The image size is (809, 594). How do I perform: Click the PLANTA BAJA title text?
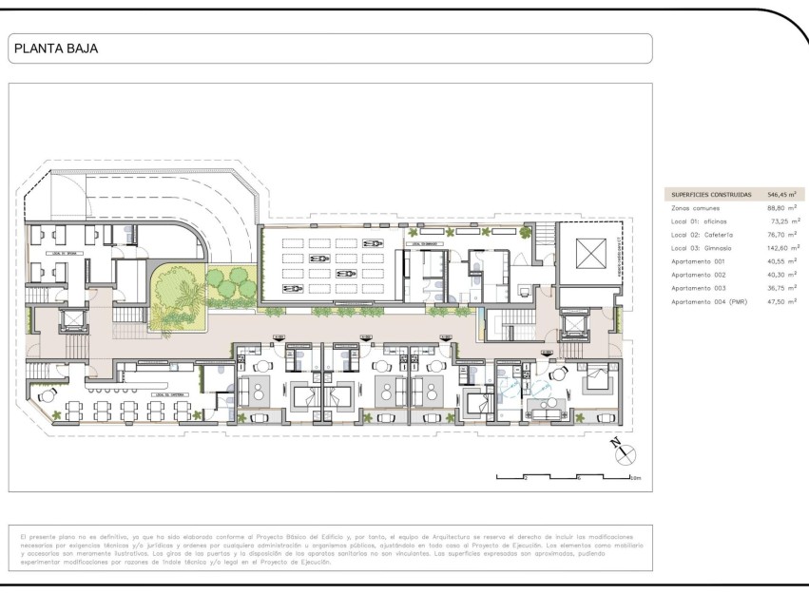[56, 48]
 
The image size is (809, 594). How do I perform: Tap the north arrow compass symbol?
[625, 453]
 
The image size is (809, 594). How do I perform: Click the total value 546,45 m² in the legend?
[781, 194]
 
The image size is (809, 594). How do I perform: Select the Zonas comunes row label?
[695, 207]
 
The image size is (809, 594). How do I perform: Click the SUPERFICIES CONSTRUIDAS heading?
[711, 194]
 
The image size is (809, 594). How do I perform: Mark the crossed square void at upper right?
[589, 254]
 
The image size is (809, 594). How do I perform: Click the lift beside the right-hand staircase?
[575, 327]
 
